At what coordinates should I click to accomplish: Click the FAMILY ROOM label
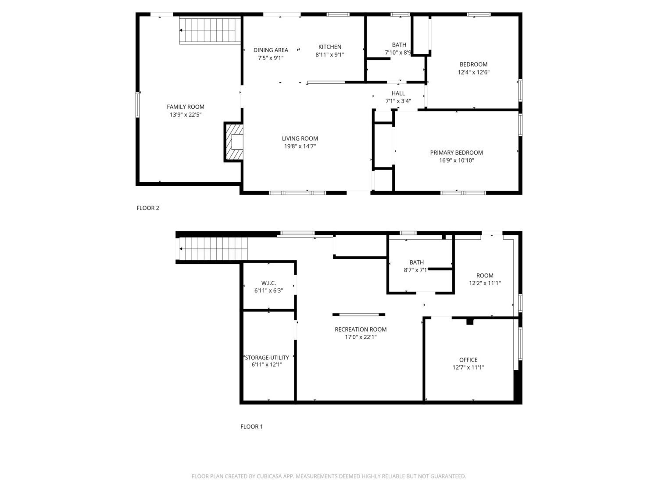coord(185,107)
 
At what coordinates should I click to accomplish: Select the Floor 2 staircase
coord(210,31)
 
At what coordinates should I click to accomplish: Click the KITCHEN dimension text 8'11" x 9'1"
coord(329,55)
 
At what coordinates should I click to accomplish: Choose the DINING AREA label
coord(270,50)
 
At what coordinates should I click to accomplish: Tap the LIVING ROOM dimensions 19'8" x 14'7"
coord(300,146)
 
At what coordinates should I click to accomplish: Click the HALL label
coord(398,93)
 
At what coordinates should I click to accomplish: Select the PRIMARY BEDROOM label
coord(456,153)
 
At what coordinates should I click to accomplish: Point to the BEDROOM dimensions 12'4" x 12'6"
coord(473,72)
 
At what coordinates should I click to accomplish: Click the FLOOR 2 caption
coord(148,208)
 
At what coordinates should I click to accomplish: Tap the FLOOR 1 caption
coord(251,426)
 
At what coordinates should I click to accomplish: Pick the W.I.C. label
coord(268,283)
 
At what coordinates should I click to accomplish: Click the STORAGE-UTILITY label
coord(267,358)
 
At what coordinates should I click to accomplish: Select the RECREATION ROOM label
coord(360,329)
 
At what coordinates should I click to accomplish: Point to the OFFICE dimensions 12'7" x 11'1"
coord(468,367)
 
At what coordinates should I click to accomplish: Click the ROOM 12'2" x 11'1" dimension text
coord(485,283)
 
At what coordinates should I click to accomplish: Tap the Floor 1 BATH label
coord(416,262)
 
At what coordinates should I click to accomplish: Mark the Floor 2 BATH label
coord(399,45)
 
